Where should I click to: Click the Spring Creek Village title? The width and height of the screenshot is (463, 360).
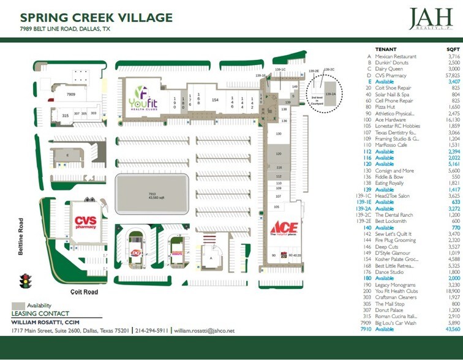click(x=96, y=18)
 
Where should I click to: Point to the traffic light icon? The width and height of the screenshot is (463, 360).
click(x=25, y=282)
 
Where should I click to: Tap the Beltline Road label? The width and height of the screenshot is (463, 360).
click(x=21, y=237)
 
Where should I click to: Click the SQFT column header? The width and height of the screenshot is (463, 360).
click(x=452, y=48)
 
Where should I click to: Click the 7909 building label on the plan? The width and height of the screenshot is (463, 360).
click(x=71, y=95)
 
